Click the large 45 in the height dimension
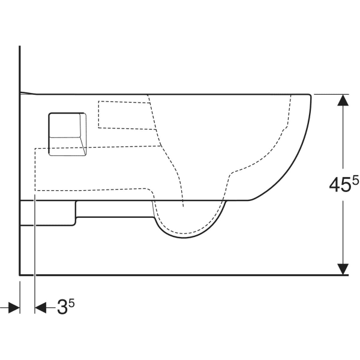pyautogui.click(x=340, y=185)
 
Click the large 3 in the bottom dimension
pyautogui.click(x=62, y=307)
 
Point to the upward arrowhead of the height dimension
pyautogui.click(x=343, y=100)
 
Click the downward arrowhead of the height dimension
pyautogui.click(x=343, y=269)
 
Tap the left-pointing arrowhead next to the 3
pyautogui.click(x=40, y=307)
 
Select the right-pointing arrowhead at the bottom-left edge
pyautogui.click(x=14, y=307)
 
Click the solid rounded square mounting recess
pyautogui.click(x=67, y=134)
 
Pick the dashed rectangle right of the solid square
pyautogui.click(x=99, y=115)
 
